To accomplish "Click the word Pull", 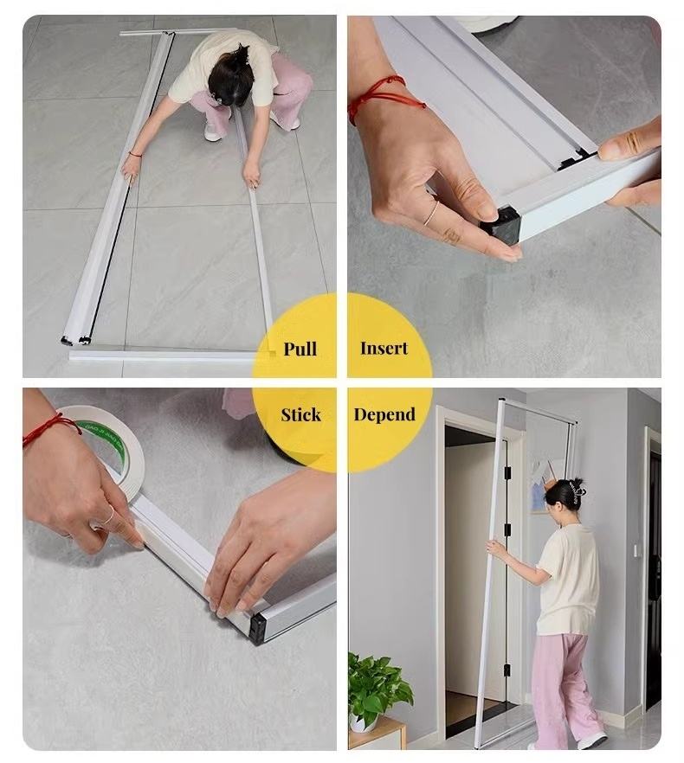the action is coord(300,349).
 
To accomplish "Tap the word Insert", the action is coord(384,349).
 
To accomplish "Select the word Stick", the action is coord(300,414).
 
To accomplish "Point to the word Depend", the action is coord(384,414).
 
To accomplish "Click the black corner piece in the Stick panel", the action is coord(258,628).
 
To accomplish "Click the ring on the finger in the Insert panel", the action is coord(431,214).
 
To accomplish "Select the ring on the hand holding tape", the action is coord(108,516).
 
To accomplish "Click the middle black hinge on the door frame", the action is coord(507,529).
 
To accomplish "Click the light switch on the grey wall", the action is coord(636,550).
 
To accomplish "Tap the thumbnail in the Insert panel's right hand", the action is coord(604,148).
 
